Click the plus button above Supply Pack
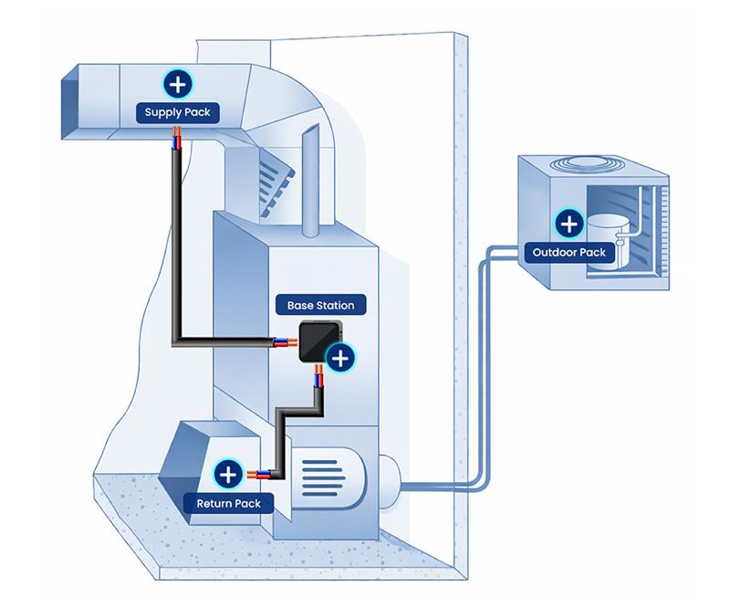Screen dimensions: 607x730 (x=178, y=84)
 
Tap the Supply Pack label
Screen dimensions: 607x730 (x=178, y=113)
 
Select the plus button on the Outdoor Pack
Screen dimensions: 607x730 (x=569, y=223)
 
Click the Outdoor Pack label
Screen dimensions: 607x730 (x=569, y=252)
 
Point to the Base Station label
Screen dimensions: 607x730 (x=320, y=305)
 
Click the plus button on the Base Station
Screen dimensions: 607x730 (x=339, y=358)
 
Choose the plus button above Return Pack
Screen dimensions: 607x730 (x=228, y=475)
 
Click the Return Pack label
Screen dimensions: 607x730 (x=228, y=503)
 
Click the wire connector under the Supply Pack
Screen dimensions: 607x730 (x=177, y=139)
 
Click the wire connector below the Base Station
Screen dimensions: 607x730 (x=318, y=376)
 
